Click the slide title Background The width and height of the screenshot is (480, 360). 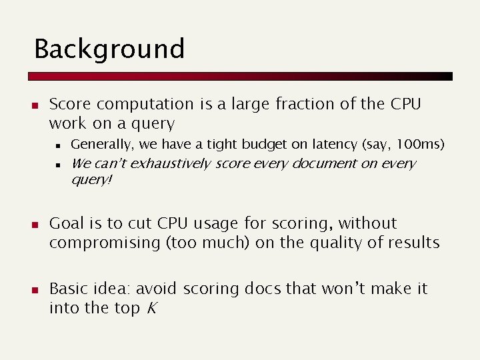(109, 49)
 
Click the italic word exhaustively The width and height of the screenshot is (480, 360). (168, 163)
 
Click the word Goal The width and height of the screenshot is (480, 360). (67, 223)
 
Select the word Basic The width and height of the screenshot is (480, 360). (69, 289)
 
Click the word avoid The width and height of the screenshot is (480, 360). (156, 289)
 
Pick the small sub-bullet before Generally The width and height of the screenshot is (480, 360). (59, 145)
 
